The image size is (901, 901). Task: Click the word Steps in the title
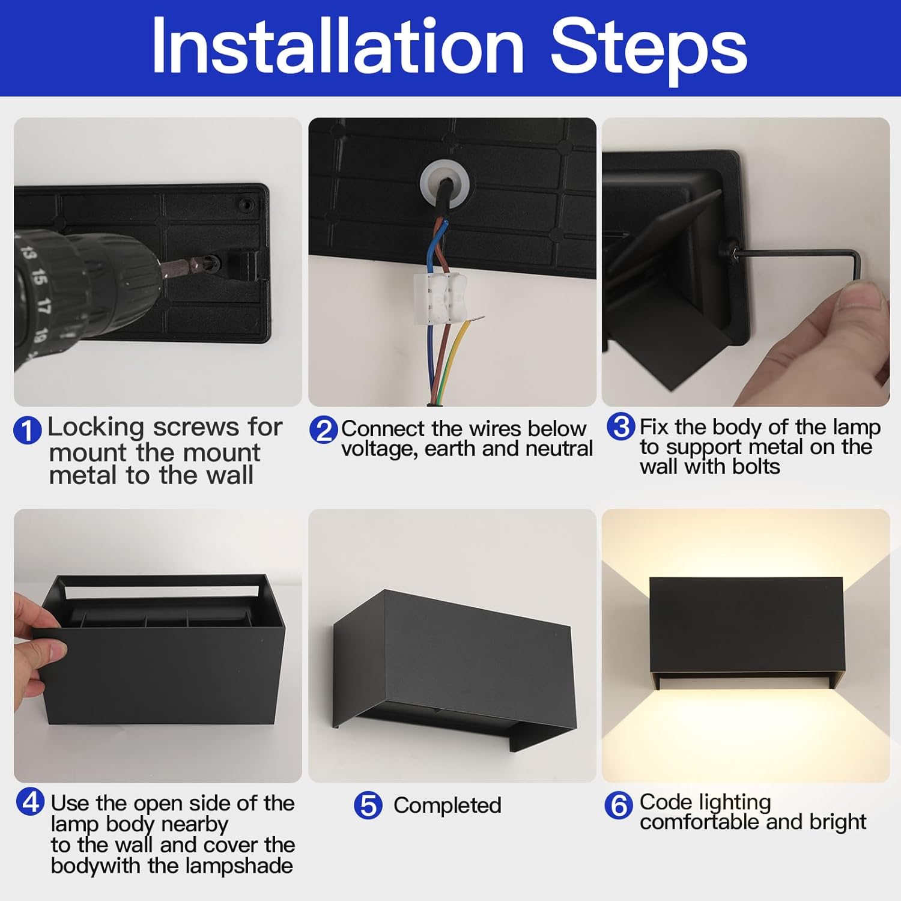coord(649,48)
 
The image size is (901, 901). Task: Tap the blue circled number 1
coord(28,431)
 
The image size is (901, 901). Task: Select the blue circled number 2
coord(323,431)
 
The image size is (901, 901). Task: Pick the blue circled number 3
coord(620,426)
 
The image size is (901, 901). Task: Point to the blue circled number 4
coord(30,802)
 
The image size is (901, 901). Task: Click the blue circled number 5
coord(368,805)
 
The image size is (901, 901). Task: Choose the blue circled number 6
coord(618,805)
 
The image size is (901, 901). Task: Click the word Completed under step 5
coord(447,805)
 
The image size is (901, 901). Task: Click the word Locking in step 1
coord(96,428)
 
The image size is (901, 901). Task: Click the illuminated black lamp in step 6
coord(745,628)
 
